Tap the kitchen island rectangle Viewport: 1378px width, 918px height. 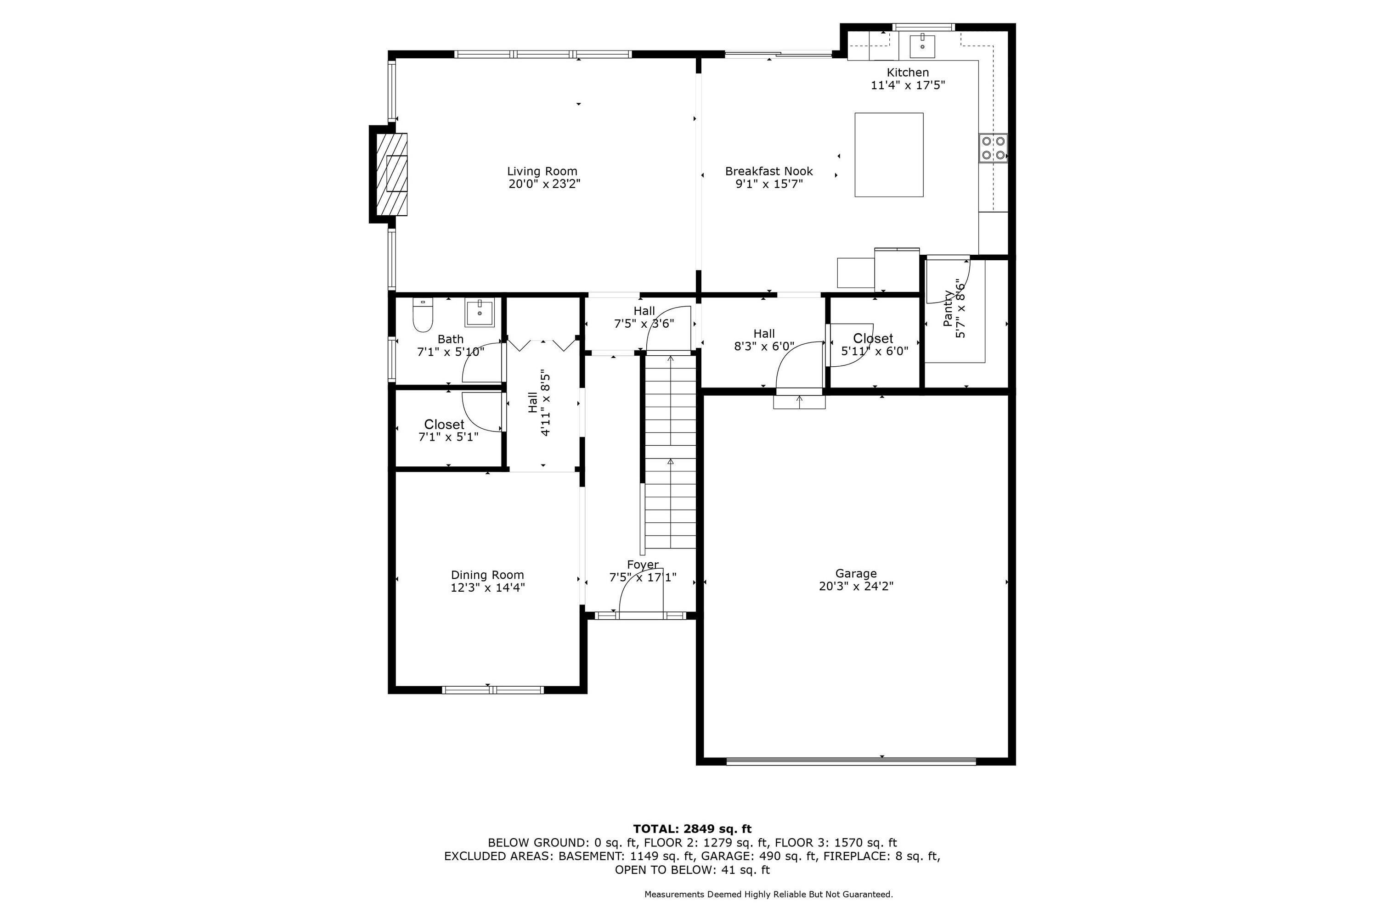[x=889, y=155]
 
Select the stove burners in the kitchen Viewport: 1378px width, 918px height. [x=994, y=148]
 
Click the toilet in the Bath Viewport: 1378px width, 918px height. [x=423, y=316]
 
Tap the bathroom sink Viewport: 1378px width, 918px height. [x=480, y=313]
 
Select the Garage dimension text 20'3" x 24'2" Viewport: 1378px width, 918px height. [x=856, y=586]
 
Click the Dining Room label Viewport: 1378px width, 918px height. [x=487, y=575]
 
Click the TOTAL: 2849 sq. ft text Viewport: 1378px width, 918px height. [x=692, y=829]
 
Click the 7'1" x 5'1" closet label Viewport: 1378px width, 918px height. [x=448, y=437]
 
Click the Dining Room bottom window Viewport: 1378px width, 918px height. [x=493, y=690]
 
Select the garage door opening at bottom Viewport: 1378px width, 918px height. [x=851, y=761]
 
